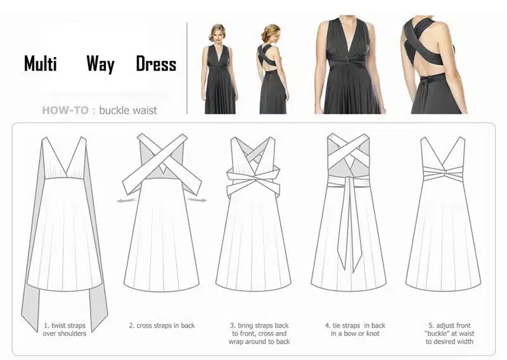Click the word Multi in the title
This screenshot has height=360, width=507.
coord(41,63)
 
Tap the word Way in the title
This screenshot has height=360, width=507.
coord(100,64)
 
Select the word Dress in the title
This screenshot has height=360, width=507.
coord(156,63)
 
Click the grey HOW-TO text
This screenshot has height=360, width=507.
coord(65,110)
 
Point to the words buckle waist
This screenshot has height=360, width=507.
coord(128,110)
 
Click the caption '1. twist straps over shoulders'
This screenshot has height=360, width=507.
coord(65,330)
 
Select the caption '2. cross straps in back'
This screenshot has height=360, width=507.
coord(162,325)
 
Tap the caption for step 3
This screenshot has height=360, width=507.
coord(259,333)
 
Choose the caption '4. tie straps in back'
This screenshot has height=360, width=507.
coord(355,330)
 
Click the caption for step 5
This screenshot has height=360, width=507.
coord(449,333)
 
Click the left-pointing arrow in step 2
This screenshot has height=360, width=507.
coord(126,201)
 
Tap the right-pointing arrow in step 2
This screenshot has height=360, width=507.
coord(197,200)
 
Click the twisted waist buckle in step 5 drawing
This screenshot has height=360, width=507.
coord(443,174)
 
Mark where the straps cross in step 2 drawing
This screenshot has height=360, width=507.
coord(162,159)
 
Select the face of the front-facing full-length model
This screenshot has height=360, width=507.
coord(218,35)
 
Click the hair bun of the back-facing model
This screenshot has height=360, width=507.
coord(267,32)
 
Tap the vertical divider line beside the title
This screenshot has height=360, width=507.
coord(187,68)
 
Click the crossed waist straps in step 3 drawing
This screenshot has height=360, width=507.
coord(253,181)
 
